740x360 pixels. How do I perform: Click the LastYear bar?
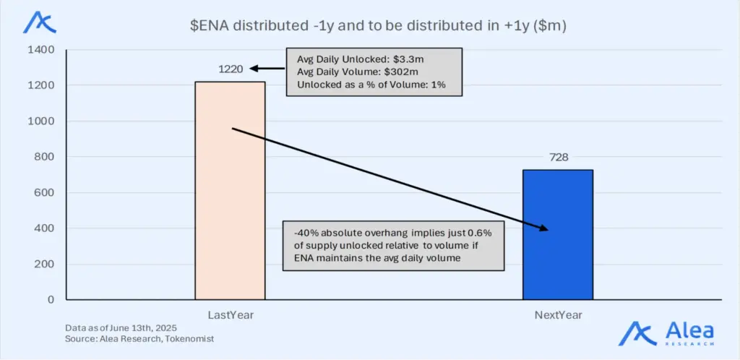click(230, 191)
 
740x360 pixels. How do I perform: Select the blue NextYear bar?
click(558, 235)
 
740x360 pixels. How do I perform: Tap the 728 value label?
click(559, 158)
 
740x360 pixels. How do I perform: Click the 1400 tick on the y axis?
click(40, 50)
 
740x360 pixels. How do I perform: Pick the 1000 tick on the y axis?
click(40, 121)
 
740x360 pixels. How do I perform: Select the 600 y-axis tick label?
click(43, 192)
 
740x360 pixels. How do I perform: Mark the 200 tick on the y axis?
click(43, 264)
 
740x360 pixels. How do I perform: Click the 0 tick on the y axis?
click(51, 299)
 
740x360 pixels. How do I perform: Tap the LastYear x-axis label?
click(230, 315)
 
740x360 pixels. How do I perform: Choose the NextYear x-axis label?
click(559, 315)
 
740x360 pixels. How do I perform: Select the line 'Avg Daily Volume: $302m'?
click(346, 72)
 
